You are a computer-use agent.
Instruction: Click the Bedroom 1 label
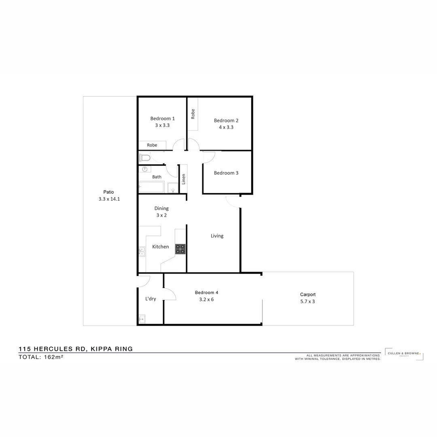(162, 119)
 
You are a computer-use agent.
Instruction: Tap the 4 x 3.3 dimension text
(226, 127)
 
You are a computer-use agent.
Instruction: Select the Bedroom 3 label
(226, 173)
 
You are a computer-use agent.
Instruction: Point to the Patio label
(108, 192)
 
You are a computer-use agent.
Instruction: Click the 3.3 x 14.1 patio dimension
(109, 199)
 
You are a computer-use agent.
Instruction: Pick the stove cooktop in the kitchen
(180, 249)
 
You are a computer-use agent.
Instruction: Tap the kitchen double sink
(142, 252)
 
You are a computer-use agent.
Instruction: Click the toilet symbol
(145, 157)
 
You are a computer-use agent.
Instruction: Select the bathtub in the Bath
(151, 187)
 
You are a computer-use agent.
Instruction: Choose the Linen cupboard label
(183, 179)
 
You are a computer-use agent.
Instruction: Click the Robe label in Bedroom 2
(193, 114)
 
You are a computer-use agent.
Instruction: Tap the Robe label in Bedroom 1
(152, 145)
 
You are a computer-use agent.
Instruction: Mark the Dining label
(161, 208)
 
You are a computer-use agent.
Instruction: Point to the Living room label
(217, 236)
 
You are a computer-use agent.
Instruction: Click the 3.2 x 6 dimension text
(206, 299)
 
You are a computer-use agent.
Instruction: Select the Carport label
(308, 295)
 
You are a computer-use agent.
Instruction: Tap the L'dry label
(151, 299)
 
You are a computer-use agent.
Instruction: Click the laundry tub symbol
(142, 319)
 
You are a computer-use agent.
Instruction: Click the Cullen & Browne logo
(404, 354)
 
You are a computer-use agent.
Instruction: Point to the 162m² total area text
(54, 357)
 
